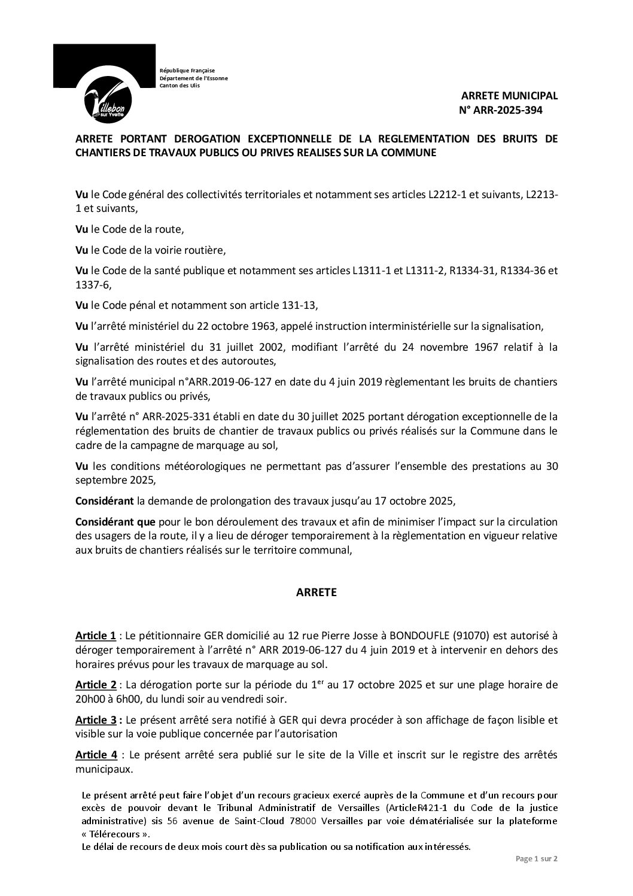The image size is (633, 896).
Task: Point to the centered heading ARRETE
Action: [x=316, y=593]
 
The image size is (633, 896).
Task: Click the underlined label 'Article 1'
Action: [x=96, y=634]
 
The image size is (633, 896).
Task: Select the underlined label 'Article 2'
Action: [x=96, y=684]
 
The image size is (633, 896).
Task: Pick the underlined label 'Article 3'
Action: [x=96, y=719]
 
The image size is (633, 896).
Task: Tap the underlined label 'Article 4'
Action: [x=96, y=754]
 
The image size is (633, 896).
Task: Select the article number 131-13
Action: [x=299, y=305]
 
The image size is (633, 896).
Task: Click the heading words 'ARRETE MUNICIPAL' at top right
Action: [x=509, y=96]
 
